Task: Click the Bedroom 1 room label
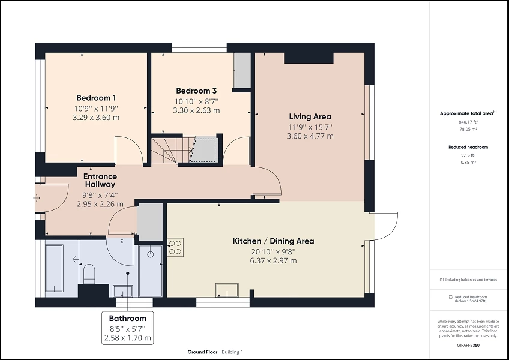click(x=96, y=98)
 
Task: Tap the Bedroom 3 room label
click(x=196, y=91)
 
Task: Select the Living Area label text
click(x=310, y=116)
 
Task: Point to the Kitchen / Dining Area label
click(x=273, y=241)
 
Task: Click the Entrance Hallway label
click(x=100, y=181)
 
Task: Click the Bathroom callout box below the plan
click(x=127, y=328)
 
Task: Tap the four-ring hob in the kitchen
click(x=175, y=247)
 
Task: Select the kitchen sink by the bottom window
click(x=227, y=289)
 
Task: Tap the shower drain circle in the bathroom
click(x=150, y=254)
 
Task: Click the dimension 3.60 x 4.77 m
click(x=310, y=136)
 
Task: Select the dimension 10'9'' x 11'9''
click(x=96, y=109)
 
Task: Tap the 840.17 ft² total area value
click(x=468, y=122)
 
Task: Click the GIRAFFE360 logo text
click(x=468, y=345)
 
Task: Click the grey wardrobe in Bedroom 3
click(x=242, y=71)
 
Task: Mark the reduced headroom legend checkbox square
click(x=451, y=297)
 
